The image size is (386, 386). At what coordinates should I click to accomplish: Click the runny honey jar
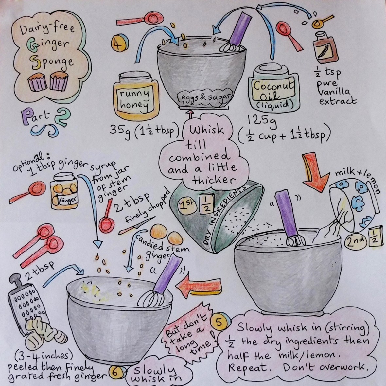point(136,96)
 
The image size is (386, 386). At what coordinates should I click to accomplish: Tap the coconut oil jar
point(274,89)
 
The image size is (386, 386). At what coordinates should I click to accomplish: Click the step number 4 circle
point(120,44)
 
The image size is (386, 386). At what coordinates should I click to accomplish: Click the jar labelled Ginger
point(64,191)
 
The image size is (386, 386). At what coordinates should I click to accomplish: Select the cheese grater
point(27,303)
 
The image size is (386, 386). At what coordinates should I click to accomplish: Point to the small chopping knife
point(137,225)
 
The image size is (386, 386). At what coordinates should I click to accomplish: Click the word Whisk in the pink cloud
point(206,130)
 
